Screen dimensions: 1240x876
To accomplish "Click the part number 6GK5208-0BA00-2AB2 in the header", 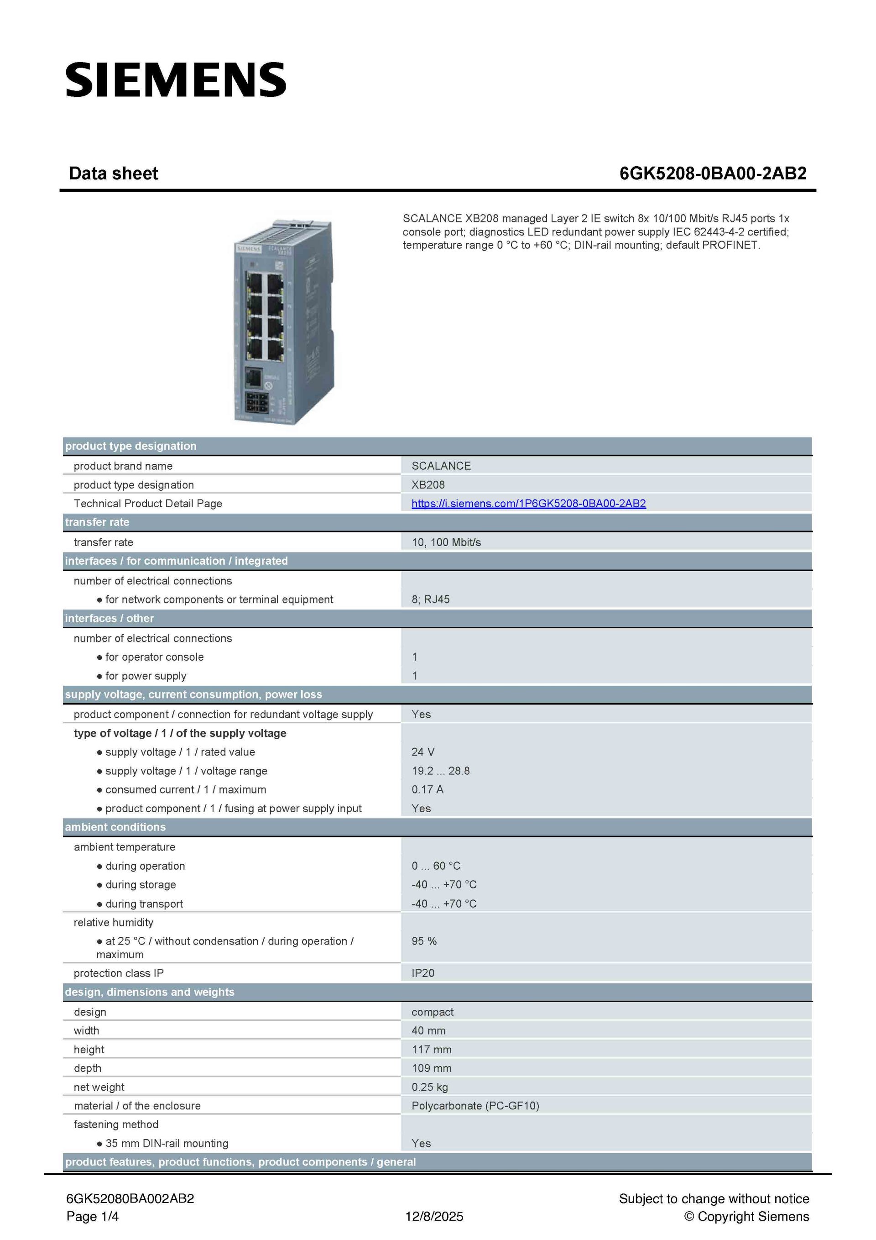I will pos(713,173).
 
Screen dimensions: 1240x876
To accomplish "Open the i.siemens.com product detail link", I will pos(528,503).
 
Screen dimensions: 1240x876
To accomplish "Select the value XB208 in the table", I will pos(428,485).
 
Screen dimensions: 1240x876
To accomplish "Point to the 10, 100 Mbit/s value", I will pos(446,542).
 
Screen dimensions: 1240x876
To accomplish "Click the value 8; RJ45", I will pos(430,599).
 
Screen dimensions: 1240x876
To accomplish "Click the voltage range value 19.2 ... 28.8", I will pos(440,771).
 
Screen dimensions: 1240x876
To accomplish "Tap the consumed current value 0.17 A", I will pos(427,789).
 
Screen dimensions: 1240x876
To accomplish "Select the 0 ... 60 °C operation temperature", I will pos(436,866).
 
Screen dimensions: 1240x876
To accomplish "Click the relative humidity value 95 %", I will pos(424,941).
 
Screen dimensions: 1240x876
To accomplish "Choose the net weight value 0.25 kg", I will pos(430,1087).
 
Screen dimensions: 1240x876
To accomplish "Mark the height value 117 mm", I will pos(431,1049).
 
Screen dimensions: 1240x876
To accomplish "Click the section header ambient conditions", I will pos(115,827).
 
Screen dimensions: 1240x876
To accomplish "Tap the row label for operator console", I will pos(154,657).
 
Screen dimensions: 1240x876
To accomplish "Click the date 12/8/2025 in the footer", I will pos(434,1216).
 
